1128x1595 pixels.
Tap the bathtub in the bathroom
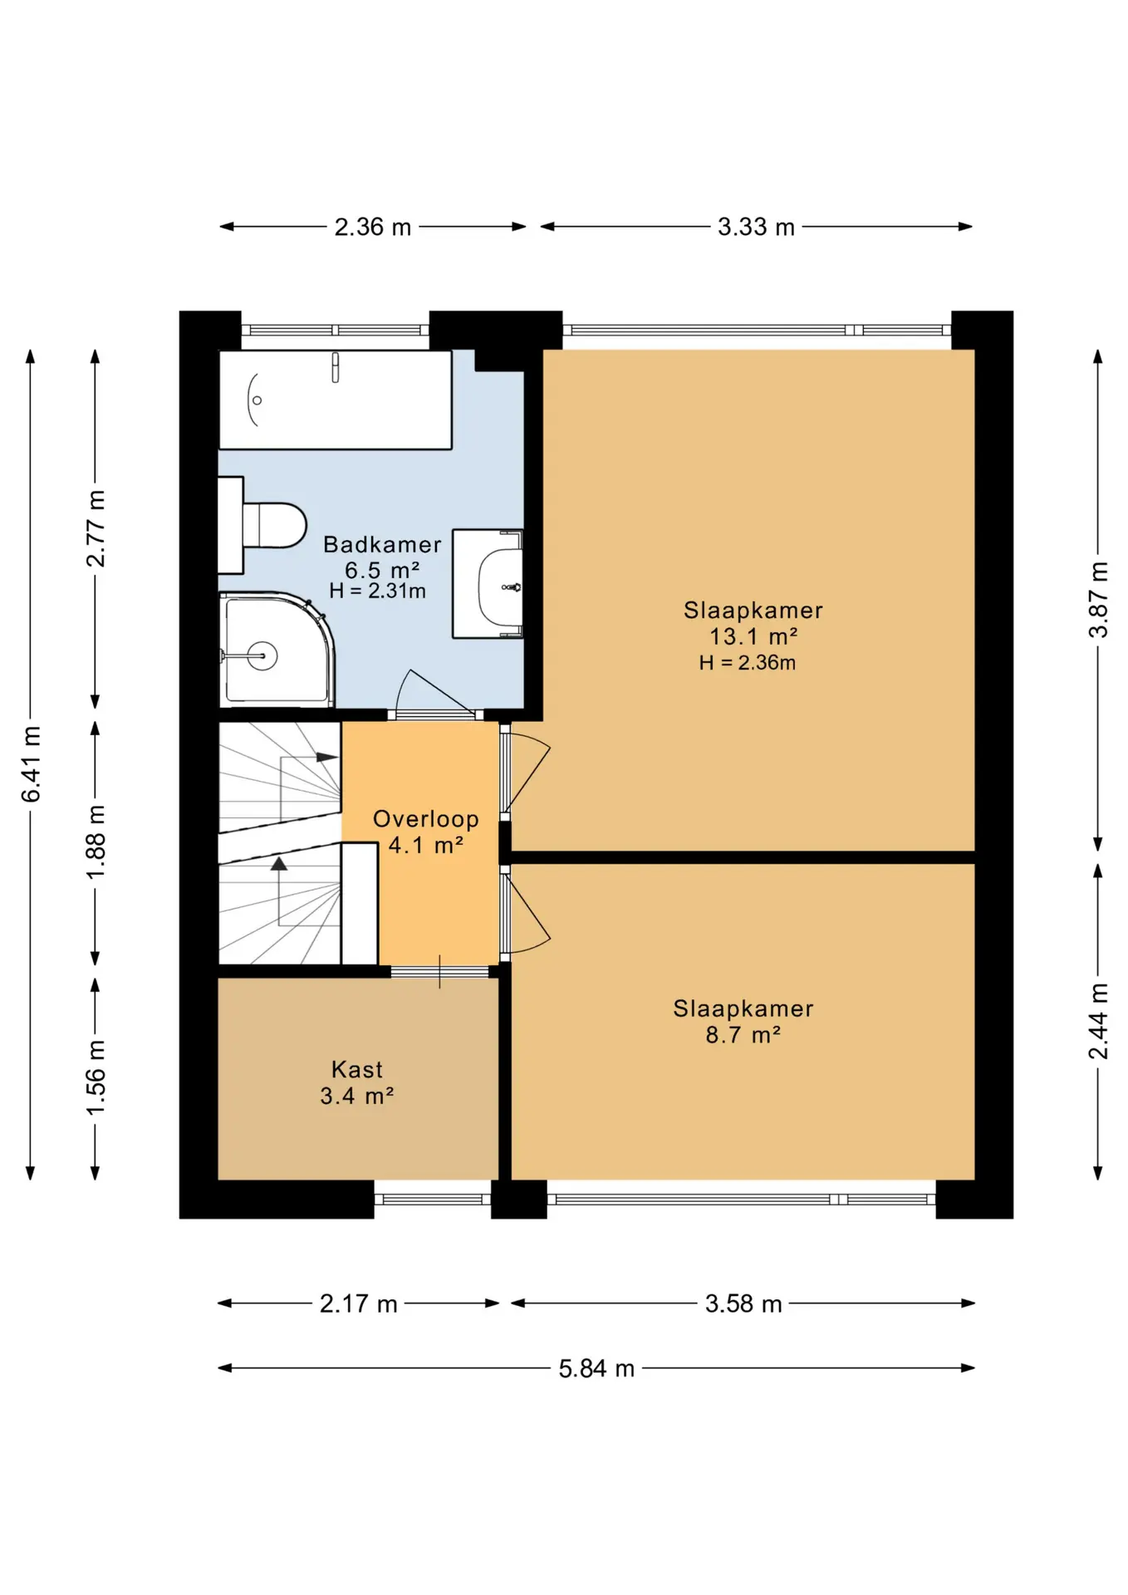[x=335, y=400]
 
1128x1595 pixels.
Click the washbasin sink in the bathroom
[x=488, y=583]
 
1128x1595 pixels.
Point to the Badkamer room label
[x=382, y=545]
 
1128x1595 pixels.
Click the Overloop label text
[x=425, y=819]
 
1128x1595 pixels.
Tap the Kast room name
[x=357, y=1069]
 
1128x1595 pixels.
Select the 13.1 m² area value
[x=753, y=636]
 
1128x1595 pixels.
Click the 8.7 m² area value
[x=743, y=1035]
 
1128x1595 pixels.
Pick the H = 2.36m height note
[x=748, y=663]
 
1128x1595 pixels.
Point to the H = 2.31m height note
[x=378, y=591]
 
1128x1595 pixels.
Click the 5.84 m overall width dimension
[x=596, y=1368]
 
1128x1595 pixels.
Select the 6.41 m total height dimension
[x=31, y=764]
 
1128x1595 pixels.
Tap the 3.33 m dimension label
[x=756, y=227]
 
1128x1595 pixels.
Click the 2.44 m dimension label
[x=1098, y=1021]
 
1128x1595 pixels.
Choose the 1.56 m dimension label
[x=96, y=1077]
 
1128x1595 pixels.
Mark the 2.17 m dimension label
[x=359, y=1304]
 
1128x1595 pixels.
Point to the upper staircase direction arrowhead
[x=327, y=758]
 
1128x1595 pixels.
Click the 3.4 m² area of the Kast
[x=357, y=1097]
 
